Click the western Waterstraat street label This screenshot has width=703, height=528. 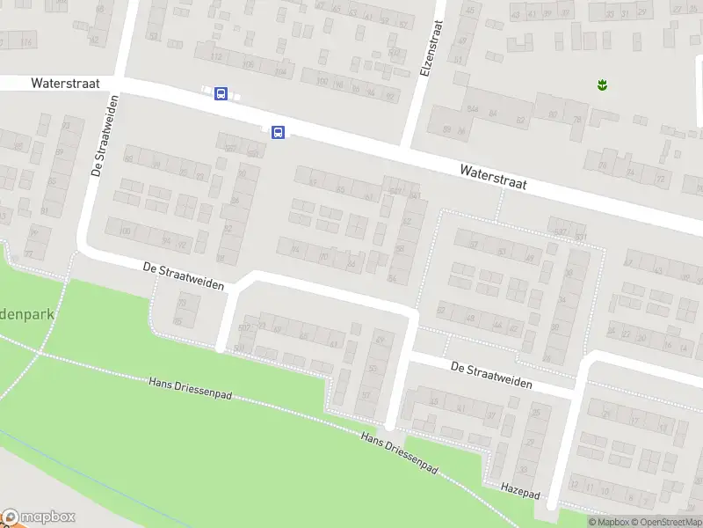64,83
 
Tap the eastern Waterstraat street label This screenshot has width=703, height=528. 493,174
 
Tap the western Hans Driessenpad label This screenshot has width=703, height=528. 190,388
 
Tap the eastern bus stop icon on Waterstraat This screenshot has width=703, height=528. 278,133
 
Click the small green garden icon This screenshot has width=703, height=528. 603,85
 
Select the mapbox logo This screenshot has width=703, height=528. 40,517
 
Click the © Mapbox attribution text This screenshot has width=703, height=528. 610,522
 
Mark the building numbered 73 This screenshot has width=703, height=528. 183,302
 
